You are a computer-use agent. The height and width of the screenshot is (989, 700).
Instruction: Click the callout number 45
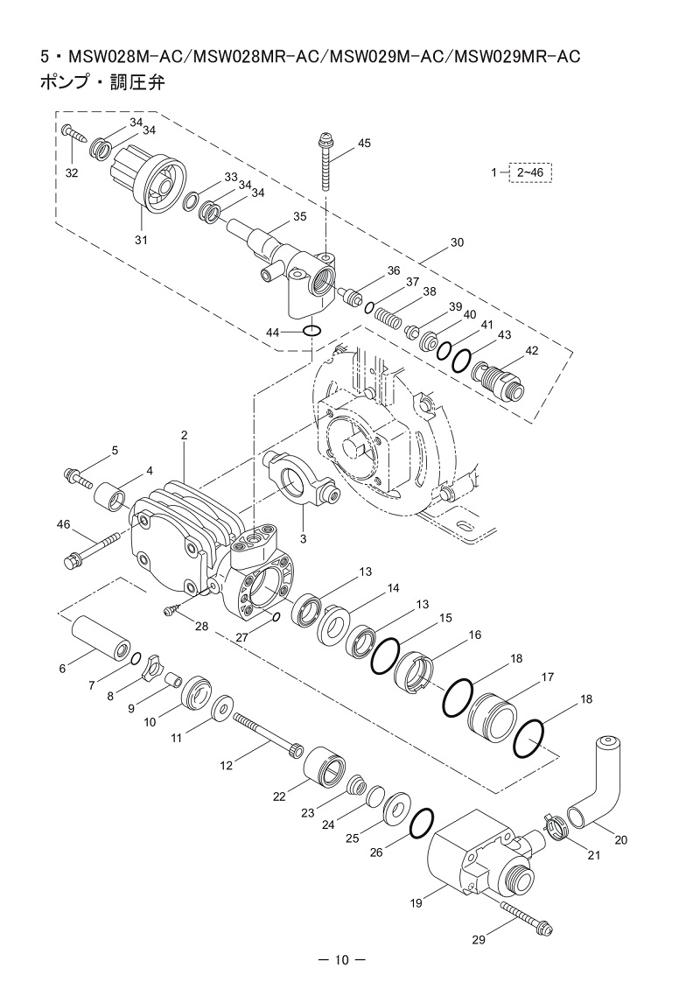(365, 144)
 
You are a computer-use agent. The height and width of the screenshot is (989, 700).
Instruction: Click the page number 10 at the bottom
(341, 961)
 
